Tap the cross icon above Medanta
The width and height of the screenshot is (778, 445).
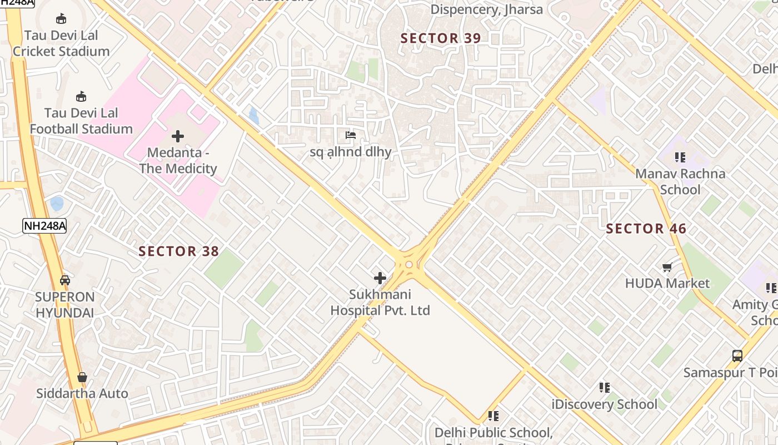[178, 136]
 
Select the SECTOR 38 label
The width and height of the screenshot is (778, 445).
[178, 251]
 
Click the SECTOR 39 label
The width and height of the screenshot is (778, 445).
[441, 38]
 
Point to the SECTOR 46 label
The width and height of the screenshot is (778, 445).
[646, 229]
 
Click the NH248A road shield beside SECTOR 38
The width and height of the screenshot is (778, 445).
[44, 225]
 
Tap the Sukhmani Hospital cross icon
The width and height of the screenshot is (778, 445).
[380, 278]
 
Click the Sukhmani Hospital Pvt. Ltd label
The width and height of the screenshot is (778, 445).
[380, 302]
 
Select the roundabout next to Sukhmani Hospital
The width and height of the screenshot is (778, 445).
[410, 265]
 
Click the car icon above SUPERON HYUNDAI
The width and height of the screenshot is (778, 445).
[65, 280]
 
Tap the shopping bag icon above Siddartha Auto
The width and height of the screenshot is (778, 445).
[82, 377]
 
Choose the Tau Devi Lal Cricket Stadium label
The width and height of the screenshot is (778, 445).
[61, 43]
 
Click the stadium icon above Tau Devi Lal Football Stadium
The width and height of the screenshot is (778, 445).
[81, 96]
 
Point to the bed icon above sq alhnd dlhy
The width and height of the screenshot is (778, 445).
[350, 135]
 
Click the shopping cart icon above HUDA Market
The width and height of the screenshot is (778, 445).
[667, 267]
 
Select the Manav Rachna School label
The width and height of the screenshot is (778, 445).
[680, 181]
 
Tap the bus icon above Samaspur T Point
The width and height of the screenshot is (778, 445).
[737, 355]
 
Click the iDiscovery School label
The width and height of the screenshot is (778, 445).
[604, 404]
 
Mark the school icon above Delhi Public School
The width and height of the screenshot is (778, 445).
[493, 416]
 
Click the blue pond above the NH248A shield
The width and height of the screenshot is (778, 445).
[57, 204]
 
